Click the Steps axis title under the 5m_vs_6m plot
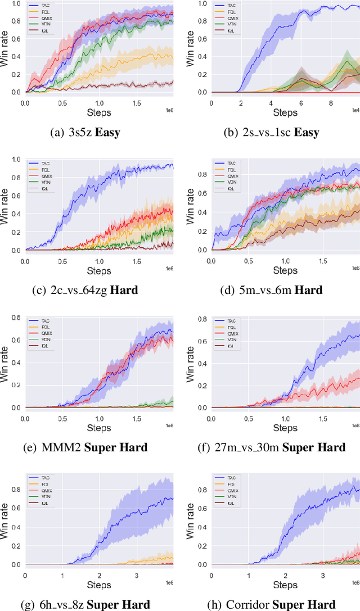click(x=285, y=270)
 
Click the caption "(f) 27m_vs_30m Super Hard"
click(x=280, y=447)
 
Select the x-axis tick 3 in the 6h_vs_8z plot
click(x=137, y=576)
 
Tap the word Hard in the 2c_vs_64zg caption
click(x=139, y=290)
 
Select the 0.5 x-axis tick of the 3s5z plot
click(x=62, y=103)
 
